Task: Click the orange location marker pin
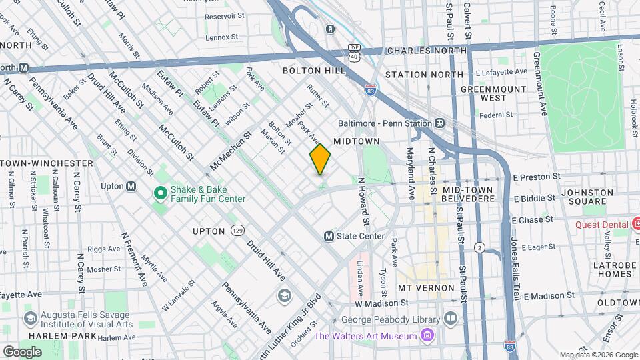pos(320,159)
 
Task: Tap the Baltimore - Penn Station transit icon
pos(440,123)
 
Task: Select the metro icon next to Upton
pos(131,187)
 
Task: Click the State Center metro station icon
pos(329,236)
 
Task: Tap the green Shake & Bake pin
pos(160,193)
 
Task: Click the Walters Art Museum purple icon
pos(427,335)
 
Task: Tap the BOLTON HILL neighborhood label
pos(314,71)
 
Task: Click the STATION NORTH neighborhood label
pos(424,75)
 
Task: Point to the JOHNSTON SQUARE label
pos(587,197)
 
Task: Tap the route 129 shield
pos(237,230)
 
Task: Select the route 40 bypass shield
pos(354,53)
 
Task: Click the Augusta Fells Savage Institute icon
pos(29,319)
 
